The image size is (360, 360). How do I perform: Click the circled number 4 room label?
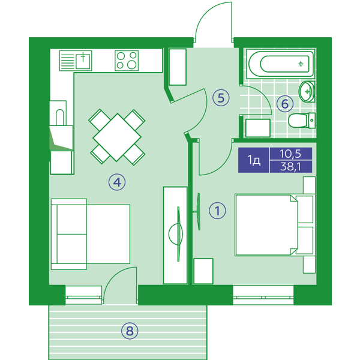(117, 182)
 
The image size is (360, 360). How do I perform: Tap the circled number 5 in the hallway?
(221, 98)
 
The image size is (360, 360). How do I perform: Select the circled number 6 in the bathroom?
(285, 104)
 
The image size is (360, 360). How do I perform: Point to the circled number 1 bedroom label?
(217, 211)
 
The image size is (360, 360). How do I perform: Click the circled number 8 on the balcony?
(130, 331)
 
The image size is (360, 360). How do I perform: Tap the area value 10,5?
(290, 154)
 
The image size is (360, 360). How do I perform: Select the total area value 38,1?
(290, 167)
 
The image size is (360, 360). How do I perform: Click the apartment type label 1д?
(254, 160)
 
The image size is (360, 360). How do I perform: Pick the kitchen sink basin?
(83, 61)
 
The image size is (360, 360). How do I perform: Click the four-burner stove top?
(127, 61)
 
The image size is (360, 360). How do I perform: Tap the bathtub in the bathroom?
(280, 64)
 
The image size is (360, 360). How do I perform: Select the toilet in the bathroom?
(301, 121)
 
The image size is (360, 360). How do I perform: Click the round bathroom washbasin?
(306, 91)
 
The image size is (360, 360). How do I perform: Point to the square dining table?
(117, 137)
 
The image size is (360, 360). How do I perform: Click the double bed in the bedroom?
(275, 225)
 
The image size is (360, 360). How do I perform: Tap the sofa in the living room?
(91, 234)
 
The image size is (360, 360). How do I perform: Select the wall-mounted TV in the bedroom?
(198, 211)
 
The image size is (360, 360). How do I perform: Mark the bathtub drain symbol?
(301, 64)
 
